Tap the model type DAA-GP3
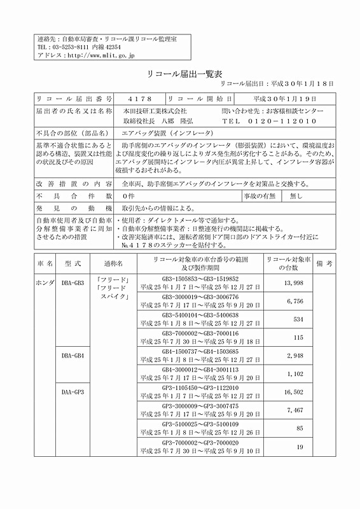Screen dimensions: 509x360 73,392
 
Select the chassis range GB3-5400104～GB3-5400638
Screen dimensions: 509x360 200,315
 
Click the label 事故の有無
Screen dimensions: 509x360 259,196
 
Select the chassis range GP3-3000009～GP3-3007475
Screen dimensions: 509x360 200,406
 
